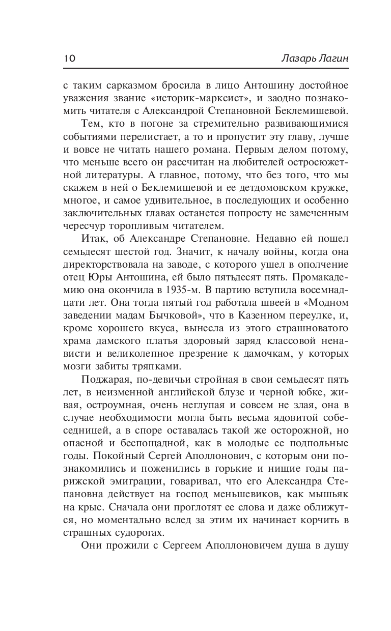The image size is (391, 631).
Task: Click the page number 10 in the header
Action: [x=70, y=58]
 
